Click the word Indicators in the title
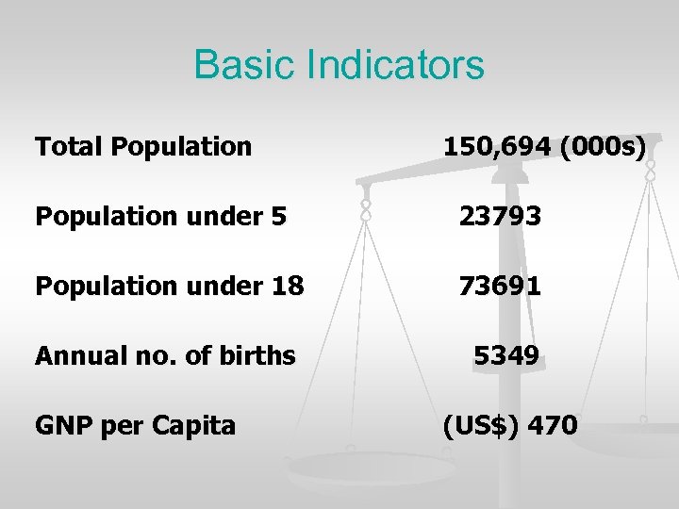[x=398, y=66]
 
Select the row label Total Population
[x=143, y=147]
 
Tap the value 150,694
[x=496, y=146]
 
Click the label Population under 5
[x=160, y=218]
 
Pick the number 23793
[x=500, y=217]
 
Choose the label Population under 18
[x=169, y=286]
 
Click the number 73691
[x=500, y=286]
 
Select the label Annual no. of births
[x=165, y=356]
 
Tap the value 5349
[x=506, y=355]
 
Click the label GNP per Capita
[x=135, y=426]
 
